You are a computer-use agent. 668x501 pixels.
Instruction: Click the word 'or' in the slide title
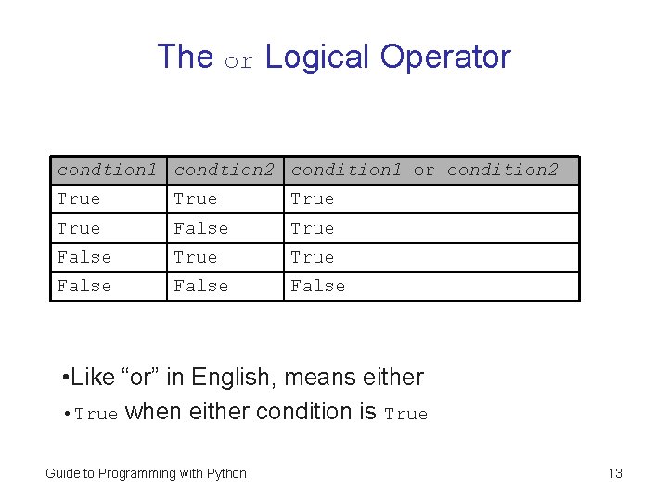[x=239, y=60]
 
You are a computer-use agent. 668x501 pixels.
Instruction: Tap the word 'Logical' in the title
[x=318, y=57]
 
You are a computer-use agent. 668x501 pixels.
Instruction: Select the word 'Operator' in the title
[x=445, y=58]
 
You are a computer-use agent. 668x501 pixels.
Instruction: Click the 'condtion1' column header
[x=107, y=170]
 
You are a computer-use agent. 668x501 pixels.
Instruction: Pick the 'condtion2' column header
[x=224, y=170]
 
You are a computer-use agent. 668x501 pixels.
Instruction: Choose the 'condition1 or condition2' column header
[x=424, y=170]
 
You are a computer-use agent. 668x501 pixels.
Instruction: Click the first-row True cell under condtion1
[x=79, y=199]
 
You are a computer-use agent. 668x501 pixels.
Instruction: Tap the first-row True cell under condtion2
[x=196, y=199]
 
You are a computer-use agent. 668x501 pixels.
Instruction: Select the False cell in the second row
[x=200, y=228]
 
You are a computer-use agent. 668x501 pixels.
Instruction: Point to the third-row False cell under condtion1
[x=83, y=257]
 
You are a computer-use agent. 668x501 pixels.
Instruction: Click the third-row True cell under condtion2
[x=196, y=257]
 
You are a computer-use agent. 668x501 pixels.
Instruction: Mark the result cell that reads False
[x=317, y=286]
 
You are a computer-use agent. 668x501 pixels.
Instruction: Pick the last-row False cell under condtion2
[x=200, y=286]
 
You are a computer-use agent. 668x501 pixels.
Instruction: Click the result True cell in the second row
[x=313, y=228]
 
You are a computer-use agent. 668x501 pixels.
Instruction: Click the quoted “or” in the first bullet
[x=139, y=378]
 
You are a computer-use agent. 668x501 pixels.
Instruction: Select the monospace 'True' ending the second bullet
[x=405, y=414]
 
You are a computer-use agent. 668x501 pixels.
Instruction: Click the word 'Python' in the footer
[x=225, y=473]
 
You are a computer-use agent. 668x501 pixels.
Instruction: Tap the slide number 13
[x=615, y=473]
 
